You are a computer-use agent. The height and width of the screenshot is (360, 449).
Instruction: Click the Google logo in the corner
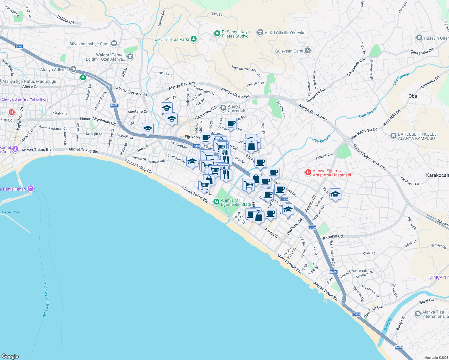tap(10, 356)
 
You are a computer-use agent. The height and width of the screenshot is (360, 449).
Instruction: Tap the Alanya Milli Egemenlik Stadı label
tap(236, 202)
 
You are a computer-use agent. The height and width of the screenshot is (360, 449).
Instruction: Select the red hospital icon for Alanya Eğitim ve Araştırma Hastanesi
tap(308, 172)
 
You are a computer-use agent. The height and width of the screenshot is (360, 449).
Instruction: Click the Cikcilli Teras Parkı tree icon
tap(194, 39)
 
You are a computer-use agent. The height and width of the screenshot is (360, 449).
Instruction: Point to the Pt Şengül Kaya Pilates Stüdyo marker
tap(217, 34)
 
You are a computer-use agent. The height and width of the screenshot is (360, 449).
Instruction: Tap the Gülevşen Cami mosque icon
tap(307, 51)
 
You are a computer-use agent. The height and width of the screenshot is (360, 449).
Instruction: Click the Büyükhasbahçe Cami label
tap(89, 44)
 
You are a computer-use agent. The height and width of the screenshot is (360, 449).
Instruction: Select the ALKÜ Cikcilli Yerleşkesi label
tap(286, 33)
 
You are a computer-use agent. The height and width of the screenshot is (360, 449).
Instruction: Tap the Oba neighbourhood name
tap(412, 96)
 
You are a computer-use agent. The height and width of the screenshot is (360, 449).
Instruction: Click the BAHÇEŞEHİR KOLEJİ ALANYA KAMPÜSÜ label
tap(417, 136)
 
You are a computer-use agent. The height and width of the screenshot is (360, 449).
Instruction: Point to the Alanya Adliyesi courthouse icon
tap(73, 69)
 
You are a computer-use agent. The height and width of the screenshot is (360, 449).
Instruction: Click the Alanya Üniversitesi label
tap(238, 108)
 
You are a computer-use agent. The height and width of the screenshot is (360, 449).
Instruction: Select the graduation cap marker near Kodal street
tap(335, 194)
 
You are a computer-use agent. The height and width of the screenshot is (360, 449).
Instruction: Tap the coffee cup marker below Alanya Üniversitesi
tap(231, 124)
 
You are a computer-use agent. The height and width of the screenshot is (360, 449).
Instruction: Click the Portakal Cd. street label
tap(333, 237)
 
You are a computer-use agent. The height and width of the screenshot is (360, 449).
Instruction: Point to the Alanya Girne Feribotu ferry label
tap(45, 300)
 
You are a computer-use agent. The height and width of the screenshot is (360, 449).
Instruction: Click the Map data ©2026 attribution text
tap(435, 358)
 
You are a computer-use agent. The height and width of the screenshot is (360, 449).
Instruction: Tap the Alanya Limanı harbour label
tap(11, 212)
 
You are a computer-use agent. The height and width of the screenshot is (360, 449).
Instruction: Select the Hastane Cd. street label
tap(139, 112)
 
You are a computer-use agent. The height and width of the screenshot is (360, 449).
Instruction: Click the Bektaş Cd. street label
tap(66, 20)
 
